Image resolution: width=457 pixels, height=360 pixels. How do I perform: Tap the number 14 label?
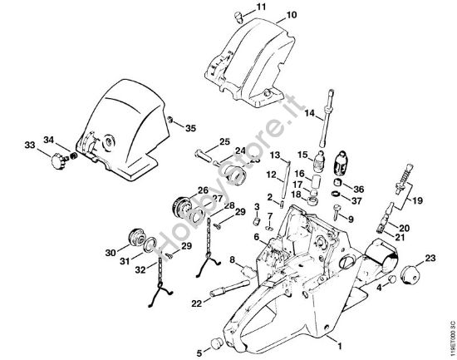click(x=308, y=112)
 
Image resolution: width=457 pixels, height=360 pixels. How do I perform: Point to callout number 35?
click(x=191, y=128)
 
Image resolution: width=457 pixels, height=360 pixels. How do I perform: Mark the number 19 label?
click(x=417, y=200)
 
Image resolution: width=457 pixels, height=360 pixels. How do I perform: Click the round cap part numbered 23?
click(x=409, y=276)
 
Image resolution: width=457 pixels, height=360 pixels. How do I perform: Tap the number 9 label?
click(x=351, y=219)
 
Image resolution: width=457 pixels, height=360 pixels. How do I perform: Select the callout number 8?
click(x=233, y=260)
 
